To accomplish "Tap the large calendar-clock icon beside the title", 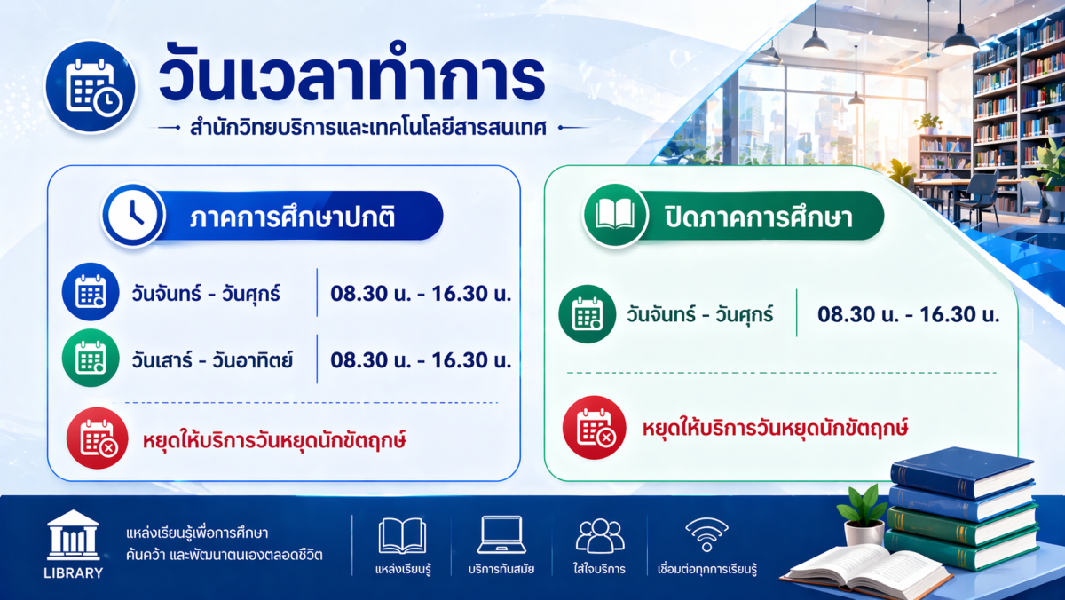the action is click(91, 86).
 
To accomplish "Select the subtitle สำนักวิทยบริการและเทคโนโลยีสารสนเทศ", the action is click(368, 128).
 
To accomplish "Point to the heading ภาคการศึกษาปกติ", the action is click(292, 217).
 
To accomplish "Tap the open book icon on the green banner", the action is click(615, 215).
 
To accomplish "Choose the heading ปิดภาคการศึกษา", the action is click(759, 217).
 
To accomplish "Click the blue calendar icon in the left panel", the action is click(91, 291).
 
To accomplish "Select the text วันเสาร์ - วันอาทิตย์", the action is click(212, 359).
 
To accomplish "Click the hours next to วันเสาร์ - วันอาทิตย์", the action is click(421, 359).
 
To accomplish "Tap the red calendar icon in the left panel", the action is click(98, 438).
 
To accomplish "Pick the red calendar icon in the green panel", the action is click(595, 428).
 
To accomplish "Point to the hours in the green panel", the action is click(909, 314).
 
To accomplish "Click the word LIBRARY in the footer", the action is click(73, 572).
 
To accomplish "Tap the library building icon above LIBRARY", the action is click(73, 535).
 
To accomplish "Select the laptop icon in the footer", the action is click(501, 535).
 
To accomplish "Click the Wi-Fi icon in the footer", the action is click(706, 534).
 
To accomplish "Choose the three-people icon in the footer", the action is click(600, 536).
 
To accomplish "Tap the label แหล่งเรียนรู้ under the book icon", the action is click(403, 569).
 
